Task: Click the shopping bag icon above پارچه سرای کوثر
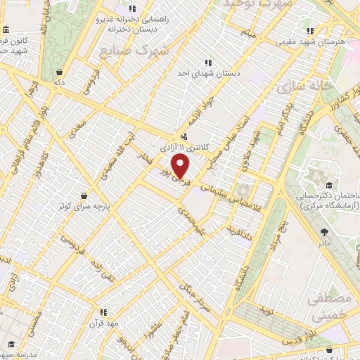84,195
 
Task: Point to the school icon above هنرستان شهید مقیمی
310,32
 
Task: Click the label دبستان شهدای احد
207,72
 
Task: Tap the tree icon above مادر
324,232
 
